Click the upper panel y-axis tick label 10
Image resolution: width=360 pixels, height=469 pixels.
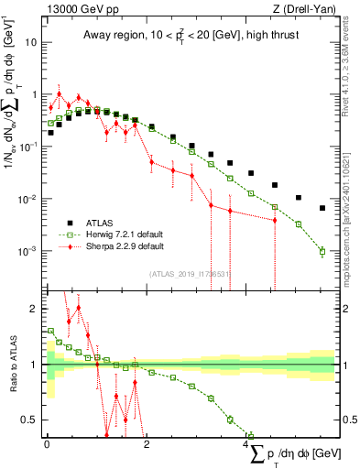(33, 42)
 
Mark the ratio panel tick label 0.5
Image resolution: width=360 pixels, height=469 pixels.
(32, 420)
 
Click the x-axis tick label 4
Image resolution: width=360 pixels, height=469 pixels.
(246, 444)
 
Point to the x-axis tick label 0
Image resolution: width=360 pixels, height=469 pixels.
(47, 444)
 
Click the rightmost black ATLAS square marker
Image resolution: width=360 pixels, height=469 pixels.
(322, 208)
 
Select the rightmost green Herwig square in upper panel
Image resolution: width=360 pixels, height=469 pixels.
(322, 251)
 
